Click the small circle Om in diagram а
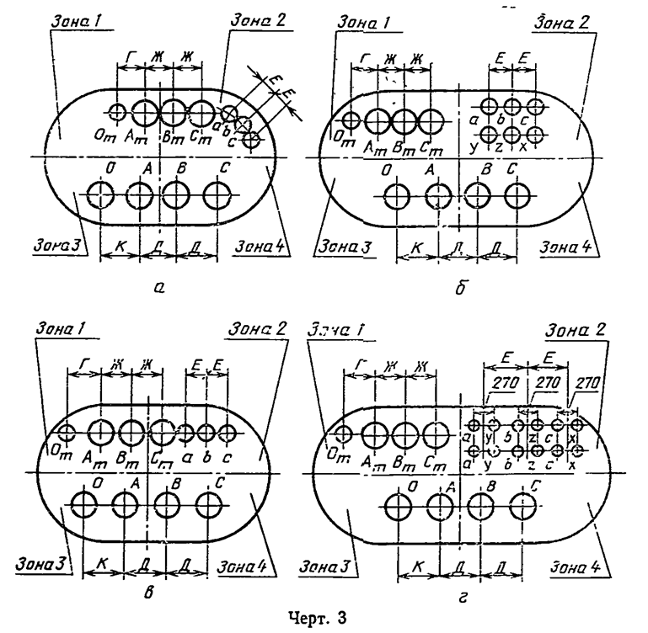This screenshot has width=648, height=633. click(x=117, y=111)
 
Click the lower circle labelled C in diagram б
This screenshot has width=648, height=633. click(x=516, y=195)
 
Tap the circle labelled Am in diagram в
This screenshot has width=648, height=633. click(x=101, y=432)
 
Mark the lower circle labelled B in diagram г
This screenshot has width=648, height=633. click(x=481, y=504)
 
